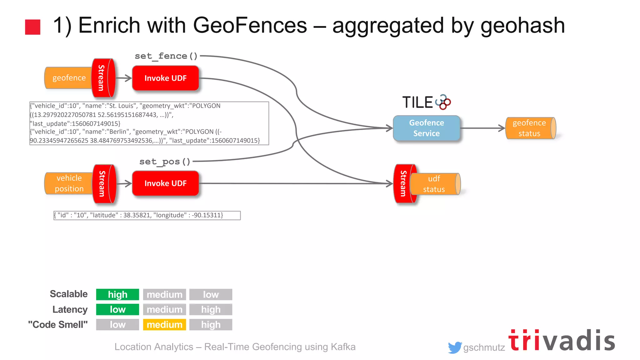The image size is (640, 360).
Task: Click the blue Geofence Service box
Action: click(x=426, y=128)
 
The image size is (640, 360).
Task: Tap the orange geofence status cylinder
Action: click(x=530, y=128)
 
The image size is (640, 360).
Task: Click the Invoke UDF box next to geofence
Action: click(x=165, y=78)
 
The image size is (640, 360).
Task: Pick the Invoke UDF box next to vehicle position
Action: click(x=165, y=183)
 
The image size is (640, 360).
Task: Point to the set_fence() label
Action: click(x=166, y=56)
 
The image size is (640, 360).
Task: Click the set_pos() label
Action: click(x=165, y=162)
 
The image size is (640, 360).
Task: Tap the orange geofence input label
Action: click(x=69, y=78)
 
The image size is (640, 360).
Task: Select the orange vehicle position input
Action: click(x=69, y=183)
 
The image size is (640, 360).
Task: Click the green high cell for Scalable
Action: click(x=117, y=294)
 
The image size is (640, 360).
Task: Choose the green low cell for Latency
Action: click(x=117, y=309)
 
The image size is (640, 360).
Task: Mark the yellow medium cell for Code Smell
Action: click(x=164, y=325)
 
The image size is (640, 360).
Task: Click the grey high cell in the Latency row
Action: click(x=211, y=309)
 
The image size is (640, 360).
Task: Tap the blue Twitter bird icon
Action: click(x=455, y=347)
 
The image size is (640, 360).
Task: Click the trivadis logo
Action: click(x=562, y=341)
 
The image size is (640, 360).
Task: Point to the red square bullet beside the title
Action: click(x=33, y=27)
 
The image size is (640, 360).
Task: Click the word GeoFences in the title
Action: click(x=250, y=26)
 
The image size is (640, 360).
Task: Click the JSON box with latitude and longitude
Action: click(x=147, y=215)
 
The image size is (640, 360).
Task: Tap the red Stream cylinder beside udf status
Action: click(x=403, y=183)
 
